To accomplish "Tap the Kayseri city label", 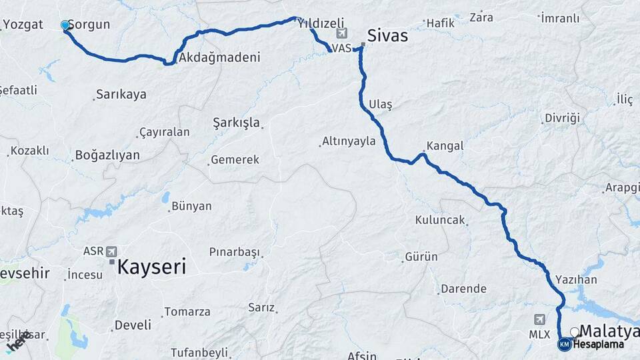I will tap(151, 267).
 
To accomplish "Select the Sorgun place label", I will tap(89, 25).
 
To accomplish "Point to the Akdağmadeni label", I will tap(219, 57).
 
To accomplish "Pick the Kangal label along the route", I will tap(445, 145).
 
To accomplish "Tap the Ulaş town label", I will tap(381, 105).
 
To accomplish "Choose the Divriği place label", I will tap(562, 118).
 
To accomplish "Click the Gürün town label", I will tap(421, 257).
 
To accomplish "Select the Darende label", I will tap(463, 289).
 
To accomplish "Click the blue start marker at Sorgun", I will tap(65, 25).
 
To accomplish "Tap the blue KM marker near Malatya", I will tap(564, 344).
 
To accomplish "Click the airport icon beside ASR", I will tap(111, 251).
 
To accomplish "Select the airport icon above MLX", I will tap(540, 319).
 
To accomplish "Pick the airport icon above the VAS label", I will tap(342, 33).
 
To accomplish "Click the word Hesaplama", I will tap(599, 345).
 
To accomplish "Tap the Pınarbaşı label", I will tap(234, 253).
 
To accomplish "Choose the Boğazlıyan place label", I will tap(107, 155).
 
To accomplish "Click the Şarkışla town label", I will tap(236, 123).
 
